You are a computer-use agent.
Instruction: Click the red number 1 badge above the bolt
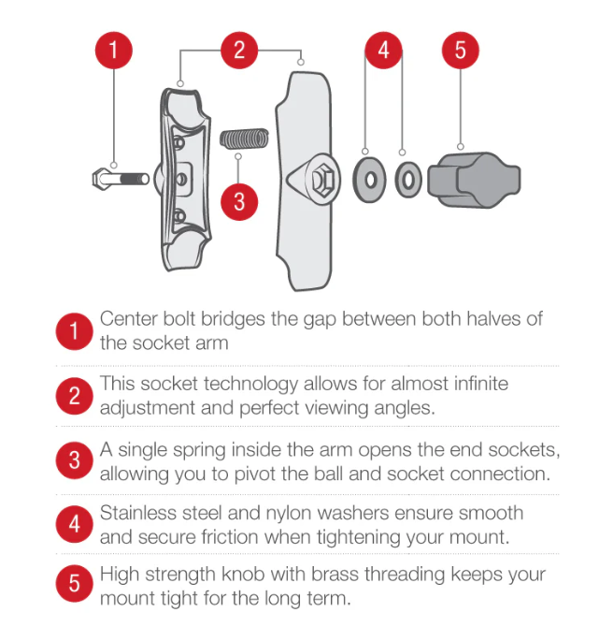click(x=114, y=51)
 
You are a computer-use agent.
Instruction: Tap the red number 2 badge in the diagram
click(x=239, y=51)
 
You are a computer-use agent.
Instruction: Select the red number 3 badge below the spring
click(x=239, y=202)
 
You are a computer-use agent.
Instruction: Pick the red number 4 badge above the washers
click(x=383, y=51)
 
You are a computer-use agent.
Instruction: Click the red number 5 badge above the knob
click(x=461, y=51)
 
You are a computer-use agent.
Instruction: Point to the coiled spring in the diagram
click(x=244, y=139)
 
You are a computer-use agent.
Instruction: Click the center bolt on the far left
click(x=121, y=179)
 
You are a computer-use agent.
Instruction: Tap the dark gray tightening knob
click(x=474, y=180)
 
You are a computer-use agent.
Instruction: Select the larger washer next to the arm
click(x=369, y=180)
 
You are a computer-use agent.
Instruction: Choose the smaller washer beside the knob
click(x=408, y=180)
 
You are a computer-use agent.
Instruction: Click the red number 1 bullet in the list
click(x=74, y=331)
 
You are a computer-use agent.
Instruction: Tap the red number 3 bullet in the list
click(x=74, y=460)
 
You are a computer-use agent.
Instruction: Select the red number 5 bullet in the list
click(x=74, y=583)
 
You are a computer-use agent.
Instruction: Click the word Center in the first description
click(x=129, y=319)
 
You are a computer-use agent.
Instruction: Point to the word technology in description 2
click(x=250, y=385)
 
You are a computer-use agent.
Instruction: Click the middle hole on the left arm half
click(x=181, y=179)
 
